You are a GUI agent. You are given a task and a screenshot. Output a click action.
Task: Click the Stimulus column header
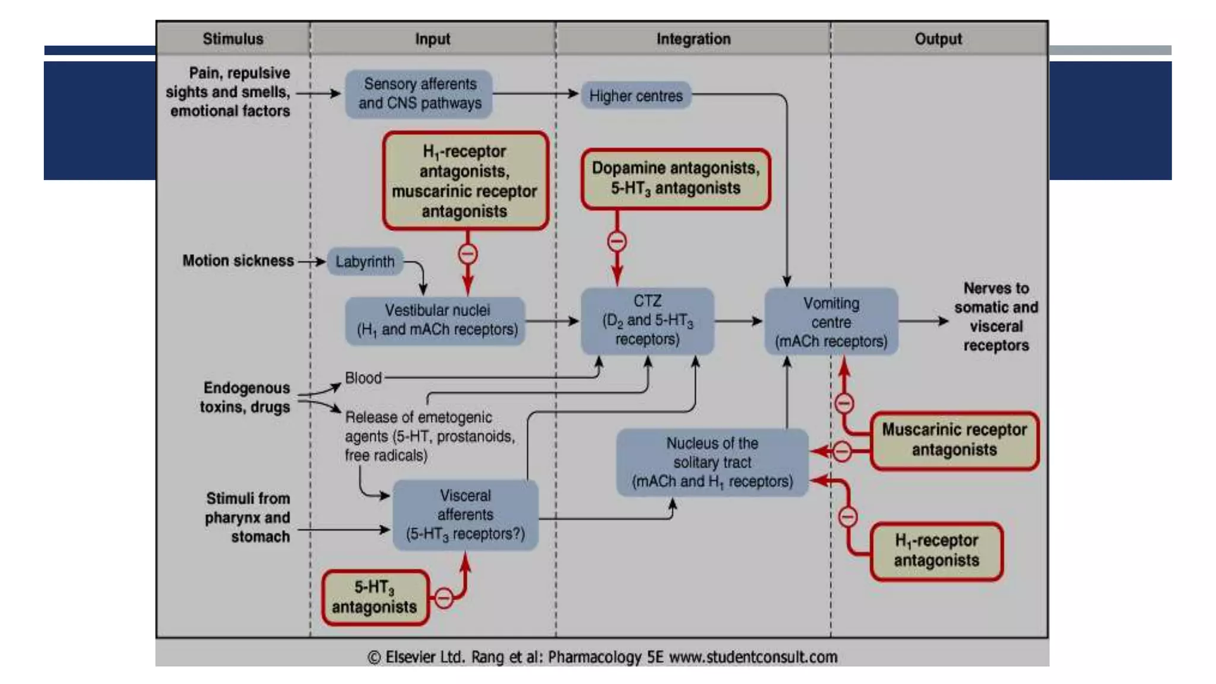coord(233,39)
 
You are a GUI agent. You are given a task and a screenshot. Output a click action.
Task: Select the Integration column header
coord(693,39)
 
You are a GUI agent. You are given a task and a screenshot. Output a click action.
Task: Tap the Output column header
coord(938,39)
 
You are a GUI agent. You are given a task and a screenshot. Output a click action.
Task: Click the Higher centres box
coord(635,96)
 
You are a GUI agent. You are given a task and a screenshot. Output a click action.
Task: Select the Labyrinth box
coord(365,261)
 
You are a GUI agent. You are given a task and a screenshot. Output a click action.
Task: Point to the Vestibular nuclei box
coord(436,321)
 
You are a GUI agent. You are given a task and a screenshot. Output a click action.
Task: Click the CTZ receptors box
coord(647,321)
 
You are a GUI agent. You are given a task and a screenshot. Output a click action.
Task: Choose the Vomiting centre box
coord(831,322)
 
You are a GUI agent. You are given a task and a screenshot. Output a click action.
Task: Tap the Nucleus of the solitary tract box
coord(712,463)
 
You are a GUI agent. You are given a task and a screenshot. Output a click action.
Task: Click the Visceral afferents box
coord(465,515)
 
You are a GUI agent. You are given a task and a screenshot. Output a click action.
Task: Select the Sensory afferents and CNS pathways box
coord(419,94)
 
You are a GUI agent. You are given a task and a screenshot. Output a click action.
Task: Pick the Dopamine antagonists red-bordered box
coord(675,179)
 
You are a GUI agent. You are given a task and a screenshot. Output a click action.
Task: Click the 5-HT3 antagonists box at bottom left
coord(375,597)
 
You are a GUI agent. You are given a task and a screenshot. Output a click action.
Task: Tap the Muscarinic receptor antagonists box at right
coord(954,440)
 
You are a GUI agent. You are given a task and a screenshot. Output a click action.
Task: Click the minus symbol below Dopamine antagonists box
coord(617,242)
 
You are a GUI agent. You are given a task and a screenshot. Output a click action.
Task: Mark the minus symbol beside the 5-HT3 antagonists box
coord(444,597)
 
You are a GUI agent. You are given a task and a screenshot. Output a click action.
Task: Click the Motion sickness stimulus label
coord(237,261)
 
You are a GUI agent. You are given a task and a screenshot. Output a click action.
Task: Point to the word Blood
coord(363,378)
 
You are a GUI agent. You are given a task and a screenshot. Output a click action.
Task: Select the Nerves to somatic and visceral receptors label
coord(996,317)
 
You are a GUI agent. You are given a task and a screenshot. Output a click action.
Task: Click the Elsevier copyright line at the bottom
coord(602,657)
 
